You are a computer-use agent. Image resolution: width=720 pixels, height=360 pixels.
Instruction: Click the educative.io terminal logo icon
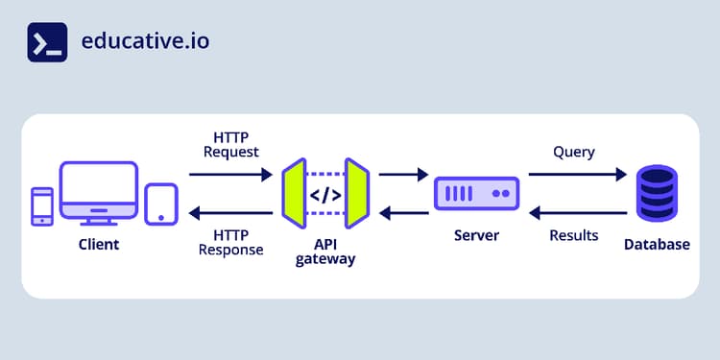(47, 42)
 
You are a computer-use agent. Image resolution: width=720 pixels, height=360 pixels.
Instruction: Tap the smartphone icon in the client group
(42, 205)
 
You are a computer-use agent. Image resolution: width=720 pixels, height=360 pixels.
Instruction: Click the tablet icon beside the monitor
(160, 204)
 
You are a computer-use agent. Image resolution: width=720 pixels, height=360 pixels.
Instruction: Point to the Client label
(99, 245)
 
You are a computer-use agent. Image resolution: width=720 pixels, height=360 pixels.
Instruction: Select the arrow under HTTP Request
(230, 175)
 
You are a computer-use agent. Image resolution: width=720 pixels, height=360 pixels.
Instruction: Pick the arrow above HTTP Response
(230, 213)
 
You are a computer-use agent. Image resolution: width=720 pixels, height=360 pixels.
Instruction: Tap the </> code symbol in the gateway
(324, 195)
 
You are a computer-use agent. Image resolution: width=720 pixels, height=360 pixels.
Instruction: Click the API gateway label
(325, 251)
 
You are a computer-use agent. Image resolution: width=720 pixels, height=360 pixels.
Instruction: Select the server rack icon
(477, 193)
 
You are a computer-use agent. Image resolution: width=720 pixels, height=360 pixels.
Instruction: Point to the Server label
(477, 235)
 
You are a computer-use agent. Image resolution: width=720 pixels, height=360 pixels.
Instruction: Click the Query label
(574, 152)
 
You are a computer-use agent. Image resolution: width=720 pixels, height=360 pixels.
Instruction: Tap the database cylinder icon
(658, 193)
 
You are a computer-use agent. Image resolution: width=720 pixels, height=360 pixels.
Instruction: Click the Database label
(657, 245)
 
